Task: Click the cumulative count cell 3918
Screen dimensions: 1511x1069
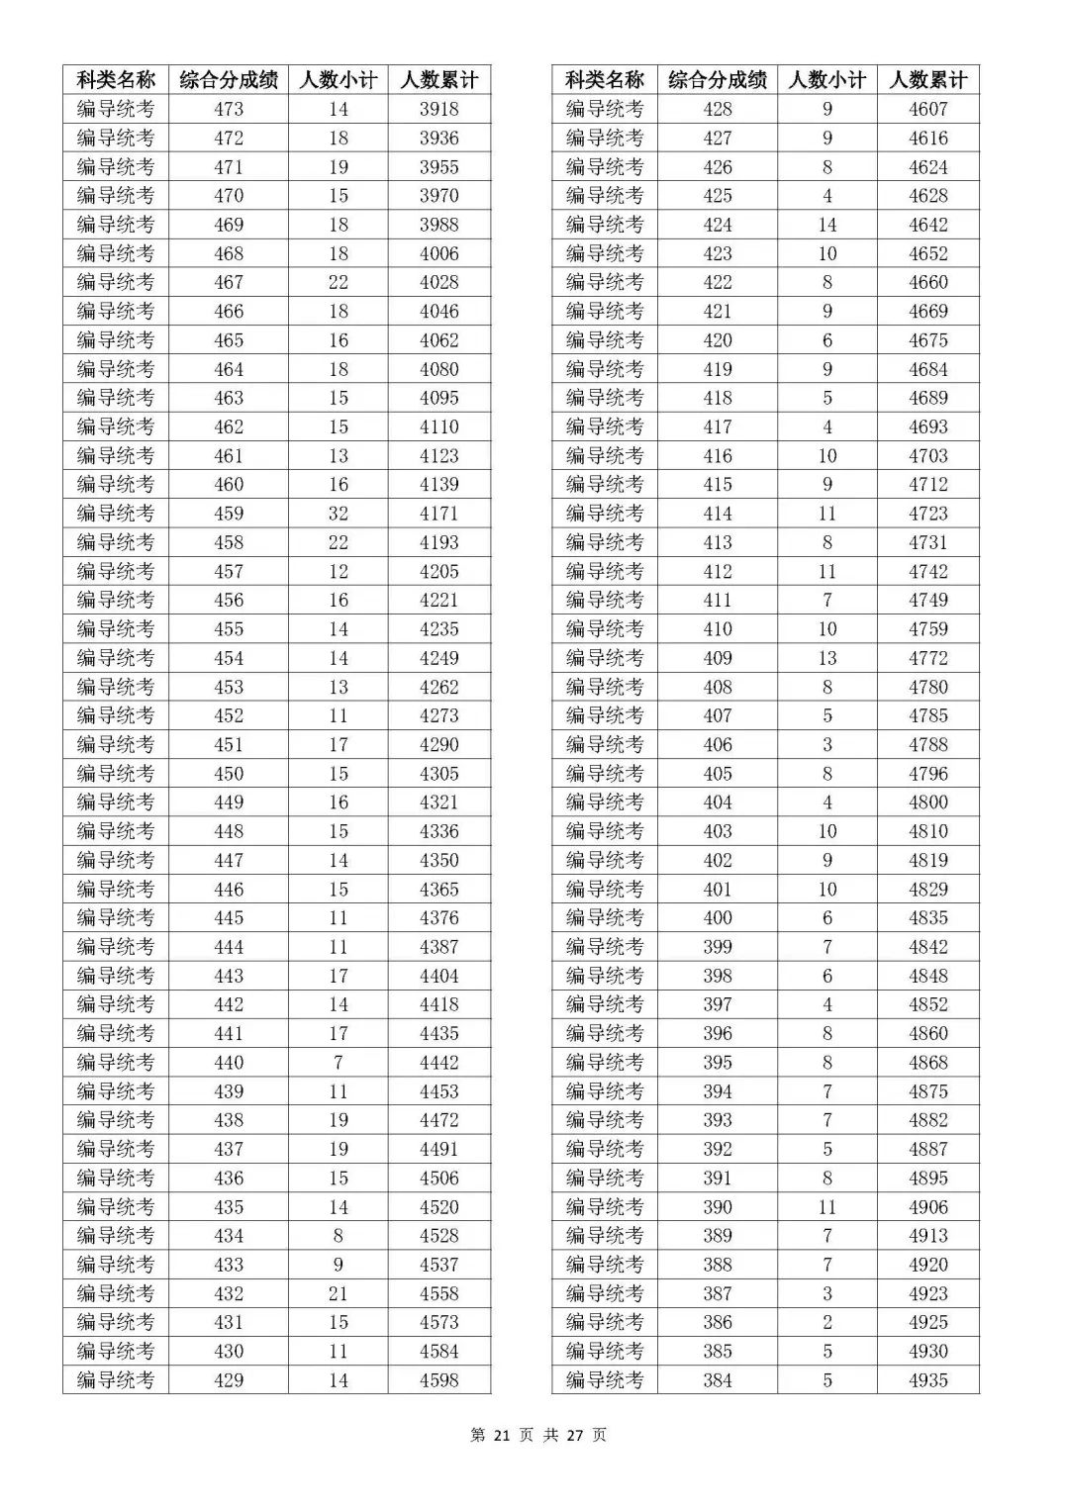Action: coord(438,109)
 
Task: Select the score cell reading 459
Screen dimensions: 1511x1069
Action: coord(229,514)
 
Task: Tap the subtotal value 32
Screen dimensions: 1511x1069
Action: coord(339,514)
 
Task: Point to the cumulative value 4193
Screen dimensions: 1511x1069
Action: coord(438,542)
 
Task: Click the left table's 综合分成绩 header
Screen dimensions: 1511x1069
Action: coord(229,80)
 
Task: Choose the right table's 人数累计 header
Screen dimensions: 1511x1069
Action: coord(927,80)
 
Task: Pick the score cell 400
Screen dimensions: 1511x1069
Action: coord(718,917)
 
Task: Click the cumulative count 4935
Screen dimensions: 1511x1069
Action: coord(927,1379)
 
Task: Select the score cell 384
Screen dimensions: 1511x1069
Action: coord(718,1379)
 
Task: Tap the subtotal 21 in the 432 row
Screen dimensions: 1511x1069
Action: coord(339,1293)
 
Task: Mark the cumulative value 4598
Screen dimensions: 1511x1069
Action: coord(438,1379)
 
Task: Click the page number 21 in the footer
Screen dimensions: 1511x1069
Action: coord(501,1435)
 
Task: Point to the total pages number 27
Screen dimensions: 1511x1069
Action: coord(575,1435)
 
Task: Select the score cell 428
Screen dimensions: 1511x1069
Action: coord(718,109)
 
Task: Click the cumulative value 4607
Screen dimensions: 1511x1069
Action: coord(927,109)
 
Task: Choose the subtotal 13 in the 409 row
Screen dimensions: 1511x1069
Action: coord(827,658)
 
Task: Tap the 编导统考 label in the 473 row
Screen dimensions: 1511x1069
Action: coord(116,109)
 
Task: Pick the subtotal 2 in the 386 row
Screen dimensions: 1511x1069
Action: coord(827,1322)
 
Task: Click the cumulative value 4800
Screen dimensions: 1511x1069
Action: coord(927,803)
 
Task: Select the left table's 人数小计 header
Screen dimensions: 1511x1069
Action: coord(339,80)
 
